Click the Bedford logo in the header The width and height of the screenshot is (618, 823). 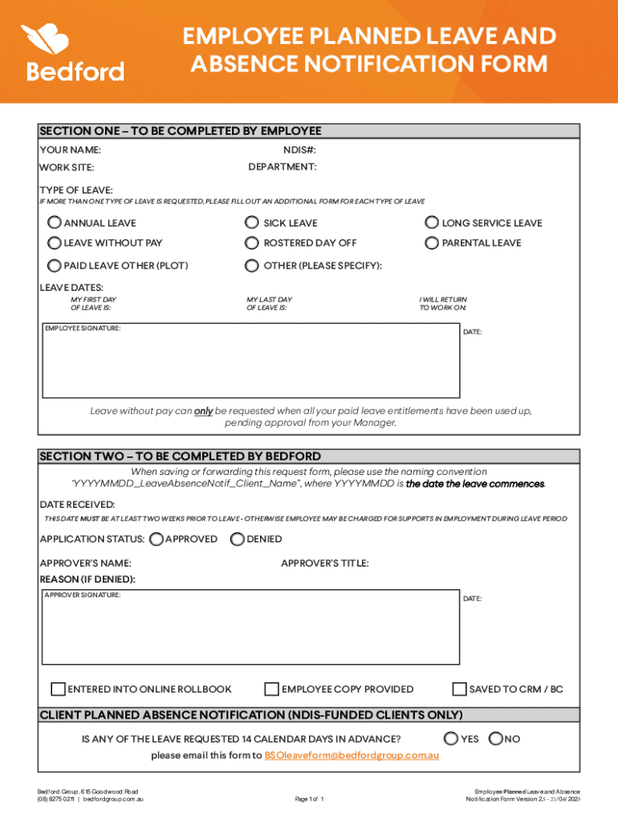pyautogui.click(x=75, y=53)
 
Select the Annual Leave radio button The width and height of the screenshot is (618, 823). pyautogui.click(x=55, y=223)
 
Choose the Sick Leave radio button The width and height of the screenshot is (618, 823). pyautogui.click(x=252, y=223)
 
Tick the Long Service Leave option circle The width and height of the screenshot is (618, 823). pyautogui.click(x=431, y=223)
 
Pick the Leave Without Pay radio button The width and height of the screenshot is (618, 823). pyautogui.click(x=55, y=243)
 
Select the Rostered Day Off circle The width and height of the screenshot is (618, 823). pyautogui.click(x=252, y=243)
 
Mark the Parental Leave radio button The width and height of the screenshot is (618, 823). pyautogui.click(x=431, y=243)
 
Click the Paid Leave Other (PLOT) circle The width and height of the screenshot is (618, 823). pyautogui.click(x=55, y=265)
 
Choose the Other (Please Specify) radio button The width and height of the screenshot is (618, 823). pyautogui.click(x=252, y=265)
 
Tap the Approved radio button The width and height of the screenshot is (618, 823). pyautogui.click(x=157, y=538)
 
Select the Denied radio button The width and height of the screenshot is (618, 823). pyautogui.click(x=237, y=538)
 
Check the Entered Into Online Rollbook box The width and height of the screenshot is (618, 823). pyautogui.click(x=58, y=689)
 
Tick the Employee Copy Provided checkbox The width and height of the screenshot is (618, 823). pyautogui.click(x=272, y=689)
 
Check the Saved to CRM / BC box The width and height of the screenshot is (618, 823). pyautogui.click(x=459, y=689)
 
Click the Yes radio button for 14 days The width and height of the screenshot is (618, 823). pyautogui.click(x=451, y=739)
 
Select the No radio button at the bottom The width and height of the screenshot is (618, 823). pyautogui.click(x=495, y=739)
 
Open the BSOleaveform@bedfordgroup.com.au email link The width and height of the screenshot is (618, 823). pyautogui.click(x=351, y=755)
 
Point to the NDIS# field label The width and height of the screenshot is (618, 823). pyautogui.click(x=299, y=149)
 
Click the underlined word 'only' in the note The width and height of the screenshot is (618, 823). pyautogui.click(x=204, y=411)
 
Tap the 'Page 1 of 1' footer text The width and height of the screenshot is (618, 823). pyautogui.click(x=309, y=799)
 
